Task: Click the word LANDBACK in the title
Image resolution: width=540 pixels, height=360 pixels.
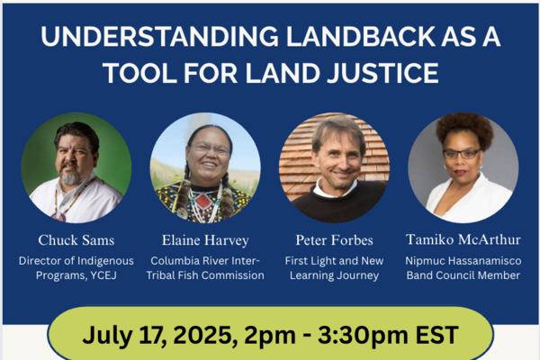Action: (361, 36)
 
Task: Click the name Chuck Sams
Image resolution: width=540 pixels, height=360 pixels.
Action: (76, 240)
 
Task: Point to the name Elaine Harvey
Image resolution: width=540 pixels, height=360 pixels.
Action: (205, 240)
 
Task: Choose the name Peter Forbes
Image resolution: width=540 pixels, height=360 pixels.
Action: (335, 240)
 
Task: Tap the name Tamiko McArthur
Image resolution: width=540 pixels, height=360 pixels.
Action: (463, 239)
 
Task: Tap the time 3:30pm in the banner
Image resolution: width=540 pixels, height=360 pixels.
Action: (363, 335)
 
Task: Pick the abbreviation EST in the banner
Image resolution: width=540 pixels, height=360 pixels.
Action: (437, 335)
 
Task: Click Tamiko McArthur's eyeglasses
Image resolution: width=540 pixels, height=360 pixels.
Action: (461, 154)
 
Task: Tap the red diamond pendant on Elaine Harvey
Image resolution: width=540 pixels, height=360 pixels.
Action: (202, 201)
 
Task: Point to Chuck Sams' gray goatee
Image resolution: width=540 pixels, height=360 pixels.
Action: (70, 177)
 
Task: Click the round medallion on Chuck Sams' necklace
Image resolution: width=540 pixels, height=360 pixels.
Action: (58, 217)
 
